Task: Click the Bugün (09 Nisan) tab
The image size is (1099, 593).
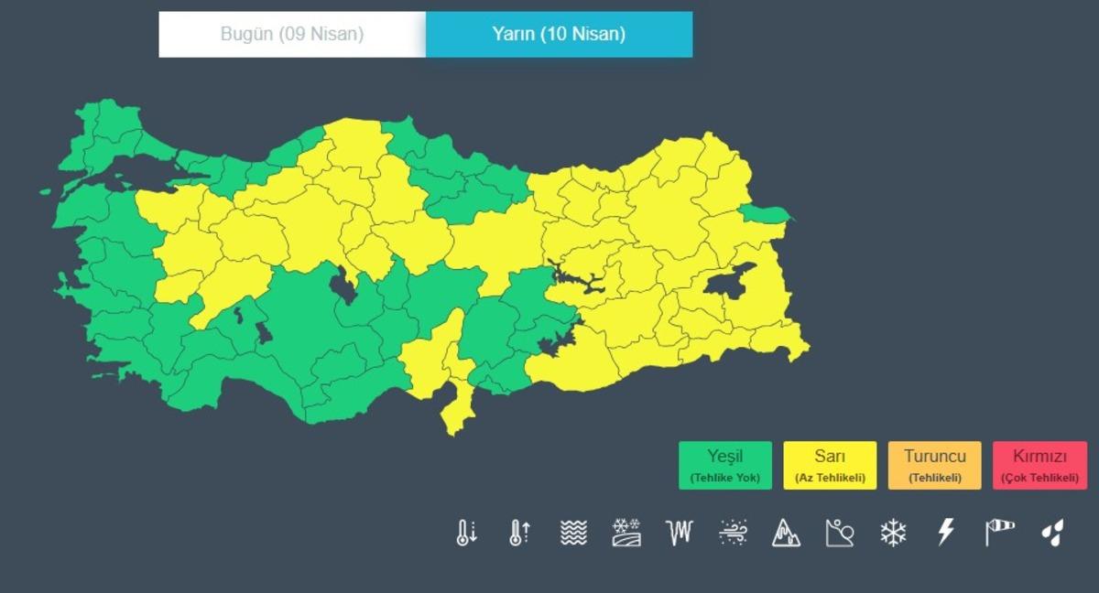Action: (292, 35)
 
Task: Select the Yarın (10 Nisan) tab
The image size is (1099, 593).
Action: (559, 35)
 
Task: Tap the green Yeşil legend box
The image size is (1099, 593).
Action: (725, 465)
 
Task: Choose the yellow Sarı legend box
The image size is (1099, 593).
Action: (830, 465)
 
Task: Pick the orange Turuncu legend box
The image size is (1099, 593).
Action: (934, 465)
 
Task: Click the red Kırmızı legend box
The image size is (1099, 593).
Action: (1039, 465)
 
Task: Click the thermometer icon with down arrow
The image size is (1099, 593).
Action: (466, 533)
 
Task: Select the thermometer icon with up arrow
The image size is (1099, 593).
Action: (519, 533)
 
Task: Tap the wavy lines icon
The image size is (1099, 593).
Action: (573, 533)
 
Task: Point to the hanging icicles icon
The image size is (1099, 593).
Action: (680, 533)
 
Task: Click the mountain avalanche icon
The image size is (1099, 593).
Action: (786, 533)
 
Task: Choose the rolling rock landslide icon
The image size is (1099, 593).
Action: (839, 533)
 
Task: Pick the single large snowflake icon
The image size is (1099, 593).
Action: (893, 533)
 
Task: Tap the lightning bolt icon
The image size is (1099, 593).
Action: (946, 532)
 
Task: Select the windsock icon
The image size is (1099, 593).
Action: (999, 532)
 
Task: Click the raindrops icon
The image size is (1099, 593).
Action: (1053, 533)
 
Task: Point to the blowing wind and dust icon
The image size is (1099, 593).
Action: (733, 533)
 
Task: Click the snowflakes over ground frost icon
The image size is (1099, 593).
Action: (626, 533)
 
